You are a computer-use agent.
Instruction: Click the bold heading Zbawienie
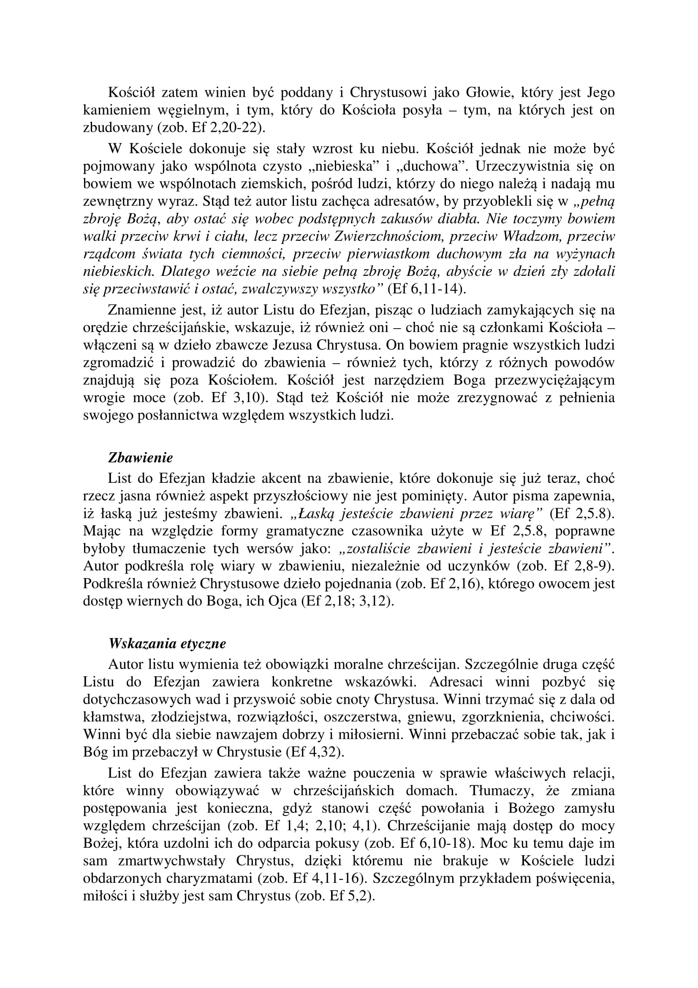140,457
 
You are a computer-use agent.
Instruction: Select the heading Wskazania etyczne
167,644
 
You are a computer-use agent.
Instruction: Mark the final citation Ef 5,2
350,896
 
